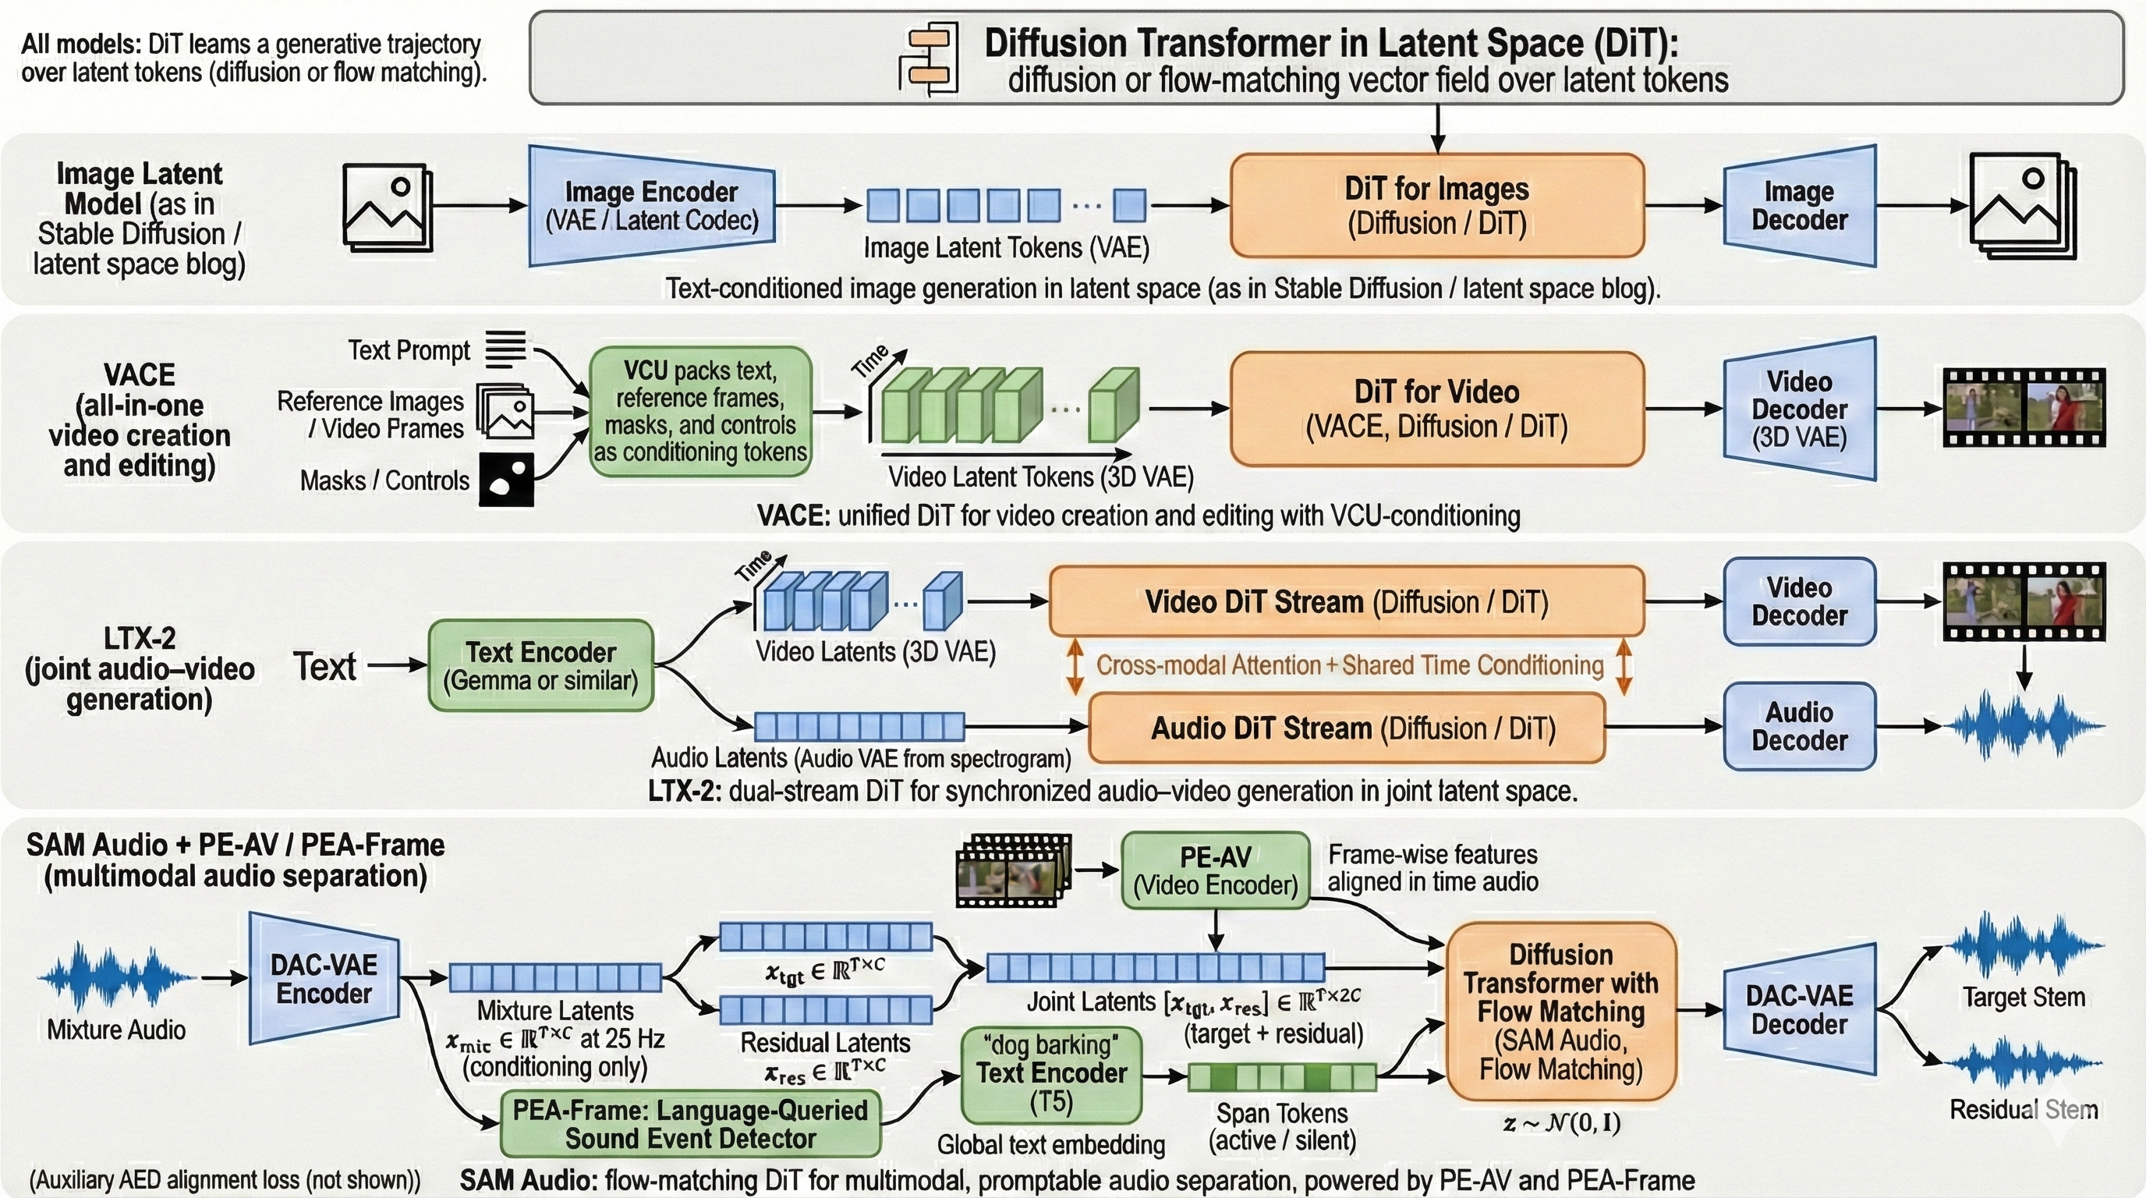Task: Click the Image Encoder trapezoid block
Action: [652, 206]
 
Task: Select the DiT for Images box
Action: [1437, 206]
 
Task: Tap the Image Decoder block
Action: [1800, 206]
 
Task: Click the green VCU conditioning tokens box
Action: [700, 412]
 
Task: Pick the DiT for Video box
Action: [1437, 408]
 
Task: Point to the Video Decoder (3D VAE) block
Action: [1800, 408]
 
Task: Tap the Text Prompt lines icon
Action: [505, 349]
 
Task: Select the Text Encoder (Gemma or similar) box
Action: [540, 665]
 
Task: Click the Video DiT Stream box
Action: [1346, 601]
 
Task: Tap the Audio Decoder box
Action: [1800, 726]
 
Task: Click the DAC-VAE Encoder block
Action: [324, 979]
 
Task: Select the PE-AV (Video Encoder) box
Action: [1216, 870]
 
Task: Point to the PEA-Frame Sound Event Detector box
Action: [691, 1125]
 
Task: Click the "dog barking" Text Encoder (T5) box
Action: [1051, 1075]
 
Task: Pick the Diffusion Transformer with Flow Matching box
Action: [1561, 1012]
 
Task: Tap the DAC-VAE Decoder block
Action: [1800, 1009]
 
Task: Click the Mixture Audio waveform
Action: [117, 976]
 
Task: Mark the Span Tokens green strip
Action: [1282, 1077]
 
